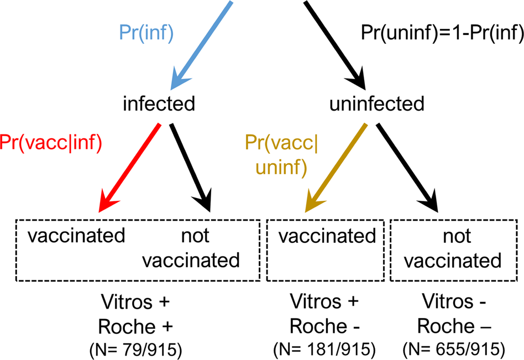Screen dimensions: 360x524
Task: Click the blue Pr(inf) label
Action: (146, 33)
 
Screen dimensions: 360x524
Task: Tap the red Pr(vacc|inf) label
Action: (51, 142)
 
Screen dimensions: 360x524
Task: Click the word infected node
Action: (159, 103)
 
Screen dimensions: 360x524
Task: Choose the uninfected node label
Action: (376, 103)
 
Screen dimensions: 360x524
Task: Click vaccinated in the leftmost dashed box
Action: (76, 236)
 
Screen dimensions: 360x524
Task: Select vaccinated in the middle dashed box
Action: (327, 236)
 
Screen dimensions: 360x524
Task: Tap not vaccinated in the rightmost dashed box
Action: (456, 248)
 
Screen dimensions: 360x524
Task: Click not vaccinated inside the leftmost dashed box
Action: (195, 248)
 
